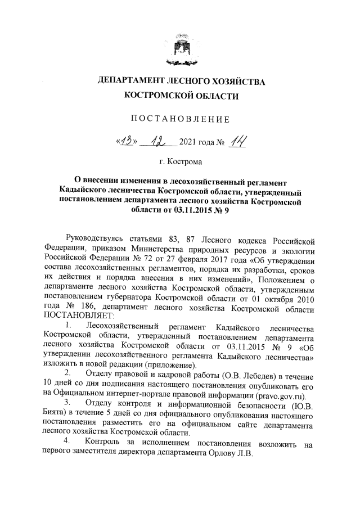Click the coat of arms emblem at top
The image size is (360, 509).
180,50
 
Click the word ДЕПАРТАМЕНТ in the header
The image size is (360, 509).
133,82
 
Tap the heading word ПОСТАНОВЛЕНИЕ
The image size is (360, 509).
180,119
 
